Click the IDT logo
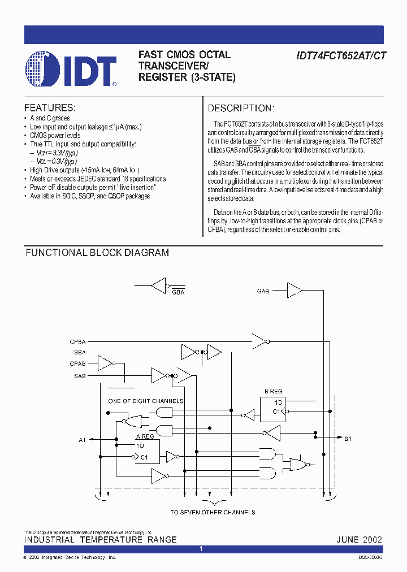coord(71,69)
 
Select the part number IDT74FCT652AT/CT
coord(341,55)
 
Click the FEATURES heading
coord(49,108)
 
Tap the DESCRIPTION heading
coord(241,108)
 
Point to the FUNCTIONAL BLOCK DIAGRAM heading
coord(97,253)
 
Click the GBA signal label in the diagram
coord(178,292)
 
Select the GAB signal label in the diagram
coord(263,291)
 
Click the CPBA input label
coord(78,341)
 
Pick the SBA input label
coord(80,353)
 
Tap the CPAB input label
coord(78,364)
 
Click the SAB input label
coord(80,375)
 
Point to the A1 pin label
coord(82,439)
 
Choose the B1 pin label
coord(348,439)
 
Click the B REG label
coord(274,391)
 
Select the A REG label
coord(145,436)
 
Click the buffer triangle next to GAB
coord(294,291)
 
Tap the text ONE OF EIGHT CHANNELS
coord(146,401)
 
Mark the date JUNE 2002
coord(360,540)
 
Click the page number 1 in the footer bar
coord(201,549)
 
